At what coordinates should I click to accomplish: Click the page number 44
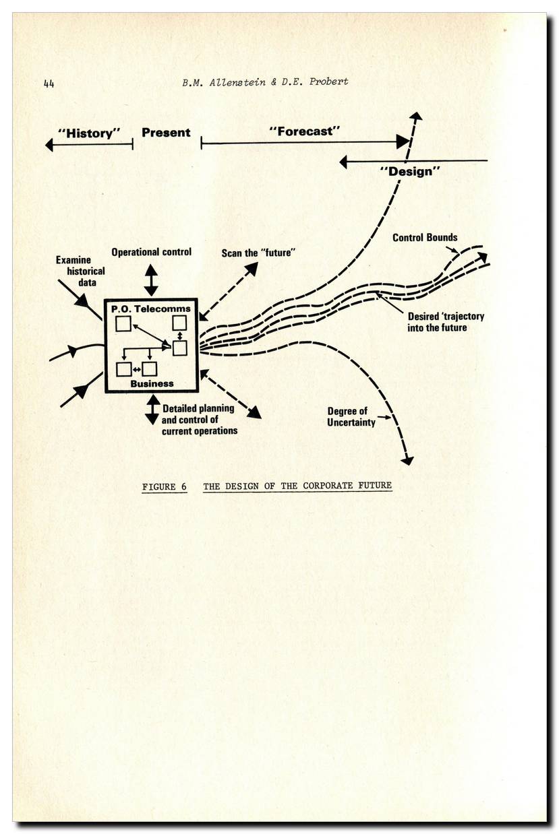tap(49, 84)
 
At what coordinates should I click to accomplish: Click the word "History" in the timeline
tap(89, 133)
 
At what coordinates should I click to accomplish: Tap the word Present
tap(166, 133)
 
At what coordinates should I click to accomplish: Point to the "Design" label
tap(410, 171)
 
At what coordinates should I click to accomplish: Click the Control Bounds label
tap(425, 238)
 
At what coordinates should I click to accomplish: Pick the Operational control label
tap(151, 252)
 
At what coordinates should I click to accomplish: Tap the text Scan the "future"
tap(260, 253)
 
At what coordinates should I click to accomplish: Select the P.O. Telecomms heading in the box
tap(151, 309)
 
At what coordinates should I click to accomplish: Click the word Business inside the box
tap(152, 383)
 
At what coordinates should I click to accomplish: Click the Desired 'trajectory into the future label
tap(446, 321)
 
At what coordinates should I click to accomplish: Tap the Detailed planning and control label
tap(199, 419)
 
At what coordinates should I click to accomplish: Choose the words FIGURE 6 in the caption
tap(165, 486)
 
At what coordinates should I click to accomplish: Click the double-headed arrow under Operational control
tap(151, 280)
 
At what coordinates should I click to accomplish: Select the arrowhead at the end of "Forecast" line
tap(403, 141)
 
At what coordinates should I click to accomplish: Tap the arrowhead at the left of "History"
tap(49, 144)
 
